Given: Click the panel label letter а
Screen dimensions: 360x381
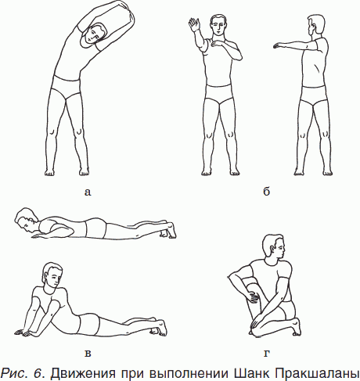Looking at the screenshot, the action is [x=88, y=192].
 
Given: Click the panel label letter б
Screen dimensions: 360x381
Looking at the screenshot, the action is [x=266, y=192].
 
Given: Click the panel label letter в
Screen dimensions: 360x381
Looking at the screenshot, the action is [x=88, y=354].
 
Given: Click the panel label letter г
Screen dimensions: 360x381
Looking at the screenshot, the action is [x=266, y=354].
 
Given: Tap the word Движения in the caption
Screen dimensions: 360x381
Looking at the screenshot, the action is [x=83, y=373].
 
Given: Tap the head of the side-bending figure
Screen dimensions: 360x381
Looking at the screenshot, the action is [x=94, y=35].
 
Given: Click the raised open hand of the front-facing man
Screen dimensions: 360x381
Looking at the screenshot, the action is [x=194, y=25].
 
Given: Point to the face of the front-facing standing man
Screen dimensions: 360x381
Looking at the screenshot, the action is [x=218, y=26].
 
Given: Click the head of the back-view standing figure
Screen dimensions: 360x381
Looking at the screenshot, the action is [x=316, y=24].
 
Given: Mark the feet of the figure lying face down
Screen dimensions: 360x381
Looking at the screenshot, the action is [x=167, y=230].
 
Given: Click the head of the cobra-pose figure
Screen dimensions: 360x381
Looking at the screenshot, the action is [x=53, y=276].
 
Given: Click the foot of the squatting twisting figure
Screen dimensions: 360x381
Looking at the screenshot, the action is [x=296, y=326].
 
